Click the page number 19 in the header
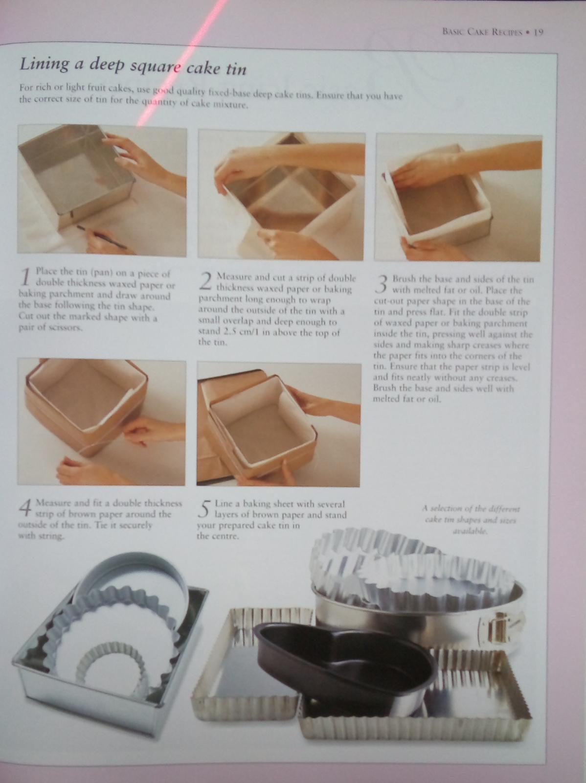tap(539, 32)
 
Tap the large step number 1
tap(25, 277)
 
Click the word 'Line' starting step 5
tap(223, 503)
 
